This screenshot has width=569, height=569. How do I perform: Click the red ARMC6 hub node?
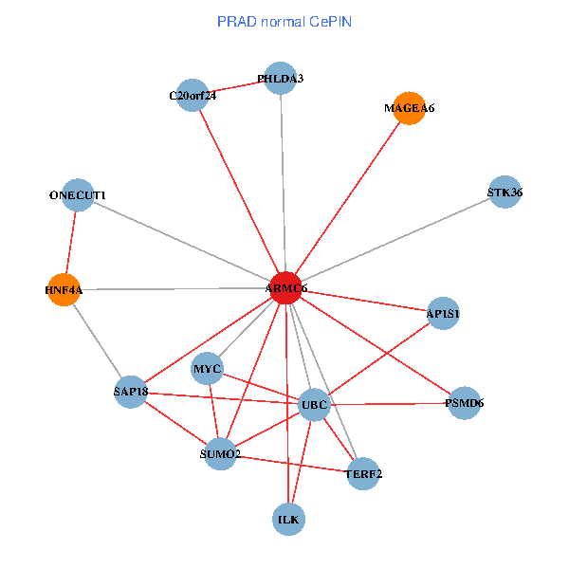pos(285,287)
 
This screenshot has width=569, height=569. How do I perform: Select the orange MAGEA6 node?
pos(409,108)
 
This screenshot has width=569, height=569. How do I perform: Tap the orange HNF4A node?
pos(64,290)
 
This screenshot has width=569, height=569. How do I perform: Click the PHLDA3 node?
pos(281,78)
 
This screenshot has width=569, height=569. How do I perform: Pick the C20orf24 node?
pos(193,95)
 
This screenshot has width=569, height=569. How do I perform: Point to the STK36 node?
pos(505,193)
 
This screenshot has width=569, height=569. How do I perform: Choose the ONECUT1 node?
pos(78,195)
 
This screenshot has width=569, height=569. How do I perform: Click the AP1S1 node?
pos(443,313)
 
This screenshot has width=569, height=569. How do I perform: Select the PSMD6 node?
pos(464,403)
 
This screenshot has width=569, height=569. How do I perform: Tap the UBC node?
pos(314,406)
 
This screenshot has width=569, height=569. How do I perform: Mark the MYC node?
pos(207,368)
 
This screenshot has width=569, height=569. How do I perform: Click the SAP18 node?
pos(130,392)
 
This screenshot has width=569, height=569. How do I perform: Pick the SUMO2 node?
pos(221,454)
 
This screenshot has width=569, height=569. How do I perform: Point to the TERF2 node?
pos(363,473)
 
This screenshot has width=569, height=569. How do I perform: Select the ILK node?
pos(289,519)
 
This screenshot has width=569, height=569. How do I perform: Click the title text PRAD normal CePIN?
pos(284,21)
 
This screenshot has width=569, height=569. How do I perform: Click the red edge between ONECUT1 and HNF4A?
pos(71,243)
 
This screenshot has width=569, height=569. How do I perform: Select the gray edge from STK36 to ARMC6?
pos(398,238)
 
